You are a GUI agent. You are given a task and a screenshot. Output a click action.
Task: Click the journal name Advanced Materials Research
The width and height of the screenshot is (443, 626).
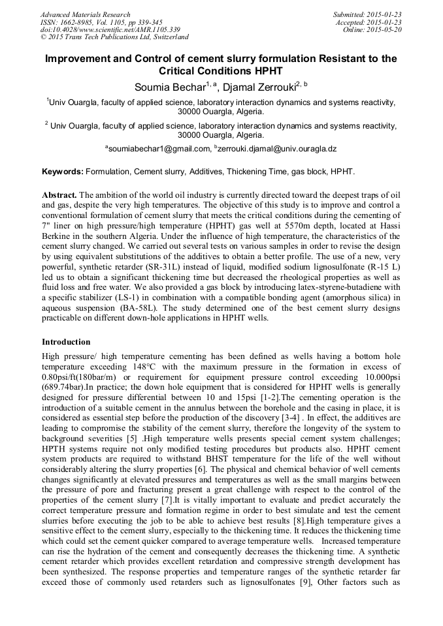(85, 14)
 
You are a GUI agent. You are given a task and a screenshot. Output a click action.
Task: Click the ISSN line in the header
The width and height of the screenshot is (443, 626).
(101, 22)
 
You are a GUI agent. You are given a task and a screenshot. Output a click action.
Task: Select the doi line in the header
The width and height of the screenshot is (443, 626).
(110, 29)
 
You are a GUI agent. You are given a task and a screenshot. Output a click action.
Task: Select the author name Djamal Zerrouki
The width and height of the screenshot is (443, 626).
(257, 86)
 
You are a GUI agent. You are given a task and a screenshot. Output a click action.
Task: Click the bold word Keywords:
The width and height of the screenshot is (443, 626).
(63, 172)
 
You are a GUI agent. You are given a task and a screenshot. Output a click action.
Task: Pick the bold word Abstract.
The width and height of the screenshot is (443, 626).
(59, 195)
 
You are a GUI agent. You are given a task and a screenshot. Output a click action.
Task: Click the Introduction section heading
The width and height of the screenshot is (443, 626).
(66, 342)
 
